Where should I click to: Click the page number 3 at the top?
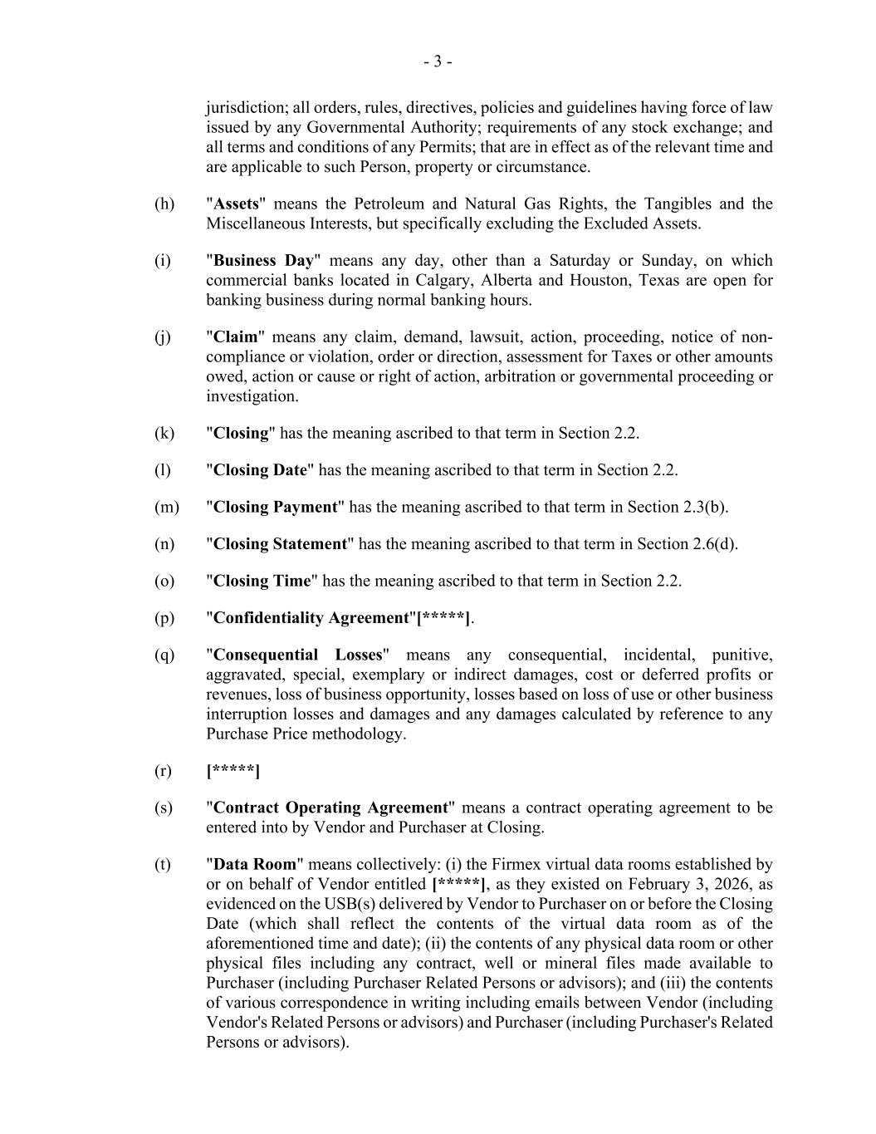click(438, 61)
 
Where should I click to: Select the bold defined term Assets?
click(237, 204)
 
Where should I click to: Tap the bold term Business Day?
click(263, 261)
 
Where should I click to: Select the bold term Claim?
click(236, 337)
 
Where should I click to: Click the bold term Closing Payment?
click(276, 508)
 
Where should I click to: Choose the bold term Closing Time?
click(262, 582)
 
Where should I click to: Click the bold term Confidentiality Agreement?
click(311, 618)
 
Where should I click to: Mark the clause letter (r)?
click(163, 771)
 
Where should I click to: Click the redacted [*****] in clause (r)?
click(232, 771)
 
